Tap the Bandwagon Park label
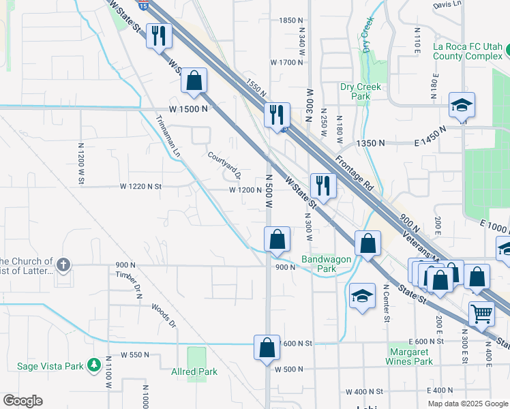point(319,264)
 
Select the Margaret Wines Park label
point(409,357)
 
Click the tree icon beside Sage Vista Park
point(94,365)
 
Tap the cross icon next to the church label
point(63,264)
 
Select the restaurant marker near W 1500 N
point(277,115)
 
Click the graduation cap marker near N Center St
point(362,295)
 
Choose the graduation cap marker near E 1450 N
point(462,106)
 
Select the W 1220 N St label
point(140,186)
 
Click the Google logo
point(22,401)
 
